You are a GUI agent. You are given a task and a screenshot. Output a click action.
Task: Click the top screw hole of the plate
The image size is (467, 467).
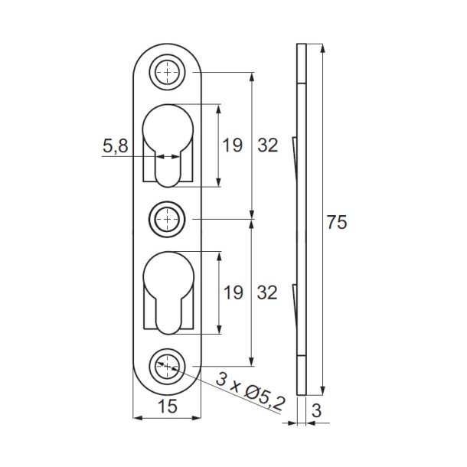coord(168,73)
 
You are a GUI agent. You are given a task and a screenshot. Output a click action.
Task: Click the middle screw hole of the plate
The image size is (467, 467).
coord(168,220)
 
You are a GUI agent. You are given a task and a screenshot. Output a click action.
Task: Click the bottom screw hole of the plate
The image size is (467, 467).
coord(168,366)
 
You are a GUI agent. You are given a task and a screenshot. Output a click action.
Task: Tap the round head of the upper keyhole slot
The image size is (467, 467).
coord(168,126)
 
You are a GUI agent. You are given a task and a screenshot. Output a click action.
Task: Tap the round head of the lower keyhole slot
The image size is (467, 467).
coord(168,273)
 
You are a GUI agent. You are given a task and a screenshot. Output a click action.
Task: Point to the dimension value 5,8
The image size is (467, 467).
coord(116,146)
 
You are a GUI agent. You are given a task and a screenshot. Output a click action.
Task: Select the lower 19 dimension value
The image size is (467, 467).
coord(233,292)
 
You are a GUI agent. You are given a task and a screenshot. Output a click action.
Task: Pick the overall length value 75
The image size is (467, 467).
coord(337,223)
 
